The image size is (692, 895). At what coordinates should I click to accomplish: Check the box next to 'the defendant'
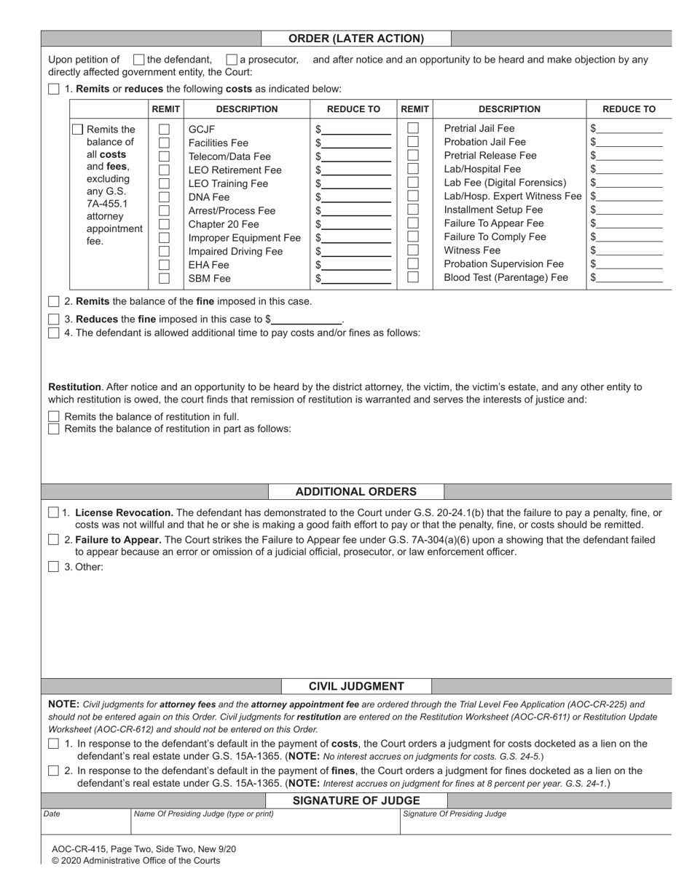point(139,60)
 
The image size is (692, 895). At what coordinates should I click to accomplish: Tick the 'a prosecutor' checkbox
point(232,60)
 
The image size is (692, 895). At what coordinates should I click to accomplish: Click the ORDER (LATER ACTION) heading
point(356,39)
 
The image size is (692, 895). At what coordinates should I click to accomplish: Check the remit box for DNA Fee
point(164,197)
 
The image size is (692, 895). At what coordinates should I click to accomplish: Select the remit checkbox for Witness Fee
point(413,250)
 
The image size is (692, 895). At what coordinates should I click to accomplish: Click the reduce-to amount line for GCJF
point(356,130)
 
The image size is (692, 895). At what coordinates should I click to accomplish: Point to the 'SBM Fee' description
point(209,279)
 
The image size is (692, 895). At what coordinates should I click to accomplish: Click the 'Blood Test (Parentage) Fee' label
point(506,277)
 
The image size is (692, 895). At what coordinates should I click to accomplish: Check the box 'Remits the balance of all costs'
point(78,130)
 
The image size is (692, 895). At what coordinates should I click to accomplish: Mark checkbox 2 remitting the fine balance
point(54,301)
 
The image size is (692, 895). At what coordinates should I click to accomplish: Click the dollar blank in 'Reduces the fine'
point(306,319)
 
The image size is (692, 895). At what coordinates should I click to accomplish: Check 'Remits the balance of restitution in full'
point(54,417)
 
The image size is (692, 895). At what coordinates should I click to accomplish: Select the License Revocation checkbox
point(54,513)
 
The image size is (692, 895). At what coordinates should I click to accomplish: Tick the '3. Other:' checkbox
point(54,567)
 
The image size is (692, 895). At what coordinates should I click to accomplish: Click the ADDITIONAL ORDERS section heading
point(356,492)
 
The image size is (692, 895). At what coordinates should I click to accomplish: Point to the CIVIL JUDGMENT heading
point(356,686)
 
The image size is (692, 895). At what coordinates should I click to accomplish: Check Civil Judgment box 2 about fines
point(54,771)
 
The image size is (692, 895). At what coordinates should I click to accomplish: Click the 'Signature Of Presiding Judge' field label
point(455,814)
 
